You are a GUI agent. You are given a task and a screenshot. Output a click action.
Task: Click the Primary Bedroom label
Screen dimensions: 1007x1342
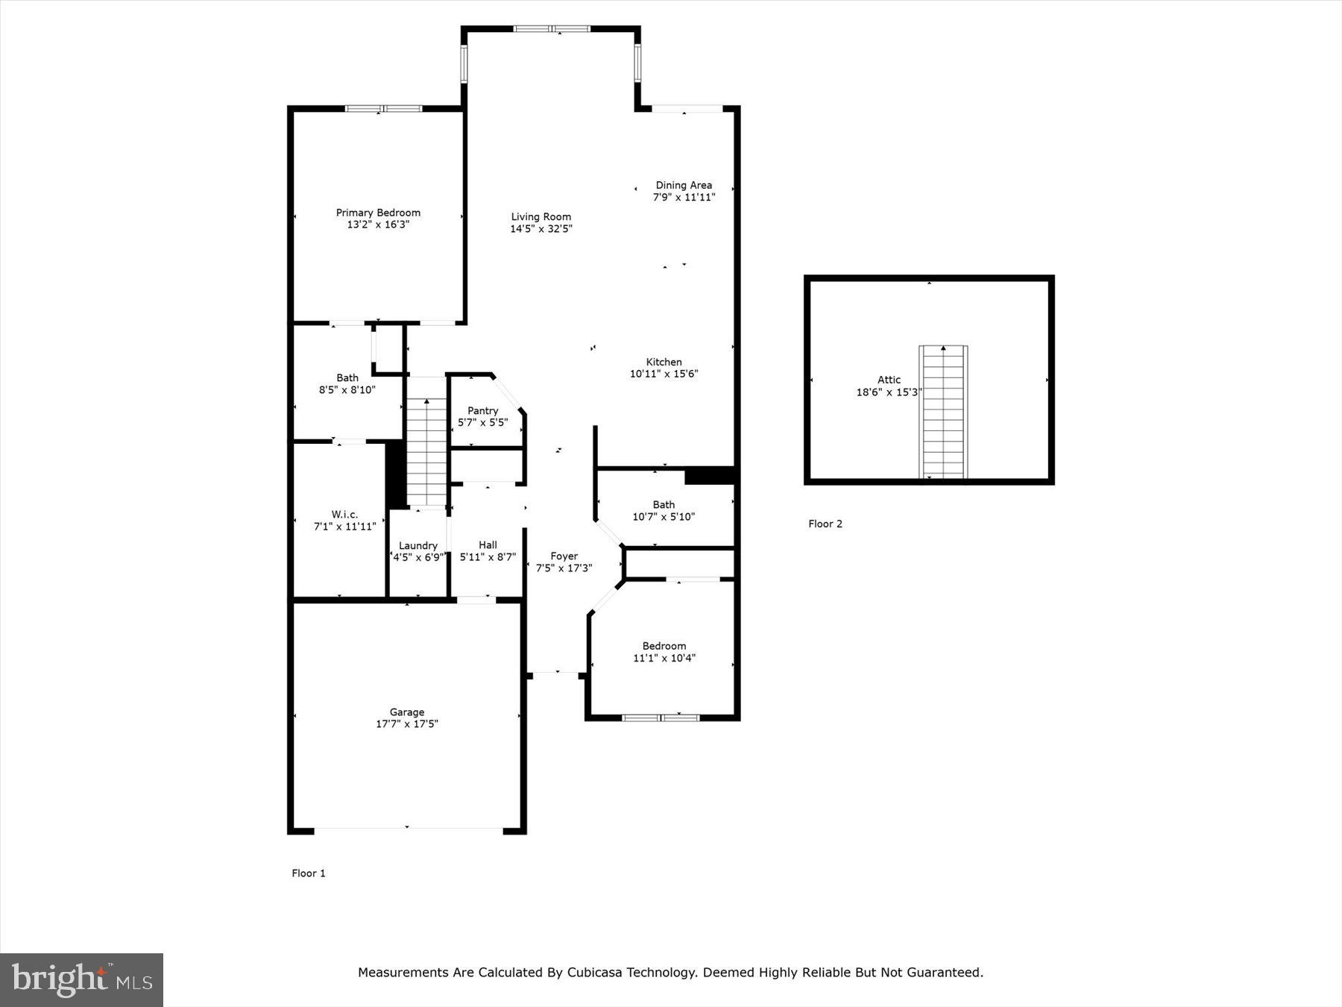click(378, 213)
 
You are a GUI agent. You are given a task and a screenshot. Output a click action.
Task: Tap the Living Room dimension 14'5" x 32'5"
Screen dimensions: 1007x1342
click(541, 229)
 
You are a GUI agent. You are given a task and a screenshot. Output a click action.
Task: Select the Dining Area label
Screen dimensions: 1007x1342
click(684, 185)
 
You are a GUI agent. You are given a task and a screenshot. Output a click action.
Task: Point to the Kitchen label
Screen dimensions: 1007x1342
click(664, 362)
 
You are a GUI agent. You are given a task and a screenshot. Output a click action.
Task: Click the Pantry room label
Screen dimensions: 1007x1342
click(482, 410)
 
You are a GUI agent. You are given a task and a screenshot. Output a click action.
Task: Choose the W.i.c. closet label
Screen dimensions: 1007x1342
click(344, 514)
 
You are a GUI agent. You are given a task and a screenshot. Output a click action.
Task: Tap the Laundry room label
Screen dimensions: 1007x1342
click(418, 545)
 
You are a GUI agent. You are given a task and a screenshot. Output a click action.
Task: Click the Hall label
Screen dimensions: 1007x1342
click(488, 545)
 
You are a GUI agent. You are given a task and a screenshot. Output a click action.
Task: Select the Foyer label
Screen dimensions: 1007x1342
click(564, 556)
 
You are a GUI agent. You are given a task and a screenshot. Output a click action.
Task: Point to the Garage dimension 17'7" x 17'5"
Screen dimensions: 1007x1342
click(407, 724)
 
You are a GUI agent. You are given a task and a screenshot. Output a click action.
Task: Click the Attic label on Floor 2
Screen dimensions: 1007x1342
click(889, 380)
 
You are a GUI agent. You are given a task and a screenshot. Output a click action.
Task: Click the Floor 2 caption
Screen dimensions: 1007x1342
click(825, 524)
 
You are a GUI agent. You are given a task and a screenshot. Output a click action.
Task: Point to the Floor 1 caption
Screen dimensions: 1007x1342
click(309, 873)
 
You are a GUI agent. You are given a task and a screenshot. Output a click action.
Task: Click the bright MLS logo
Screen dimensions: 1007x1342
click(81, 979)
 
